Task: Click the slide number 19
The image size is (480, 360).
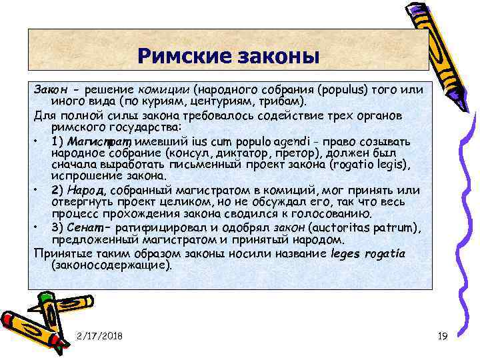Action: click(x=443, y=335)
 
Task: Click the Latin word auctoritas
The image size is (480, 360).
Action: click(x=333, y=229)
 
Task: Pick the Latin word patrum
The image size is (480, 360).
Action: click(x=395, y=229)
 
